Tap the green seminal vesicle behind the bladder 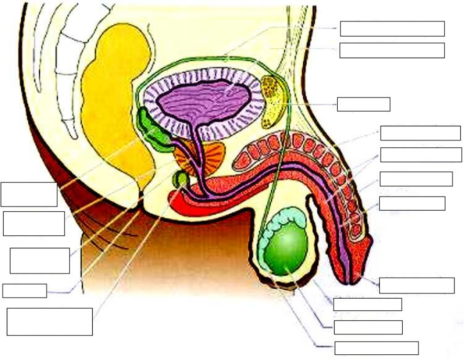154,131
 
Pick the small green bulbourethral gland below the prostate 181,178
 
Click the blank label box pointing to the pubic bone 363,104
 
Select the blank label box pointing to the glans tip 416,286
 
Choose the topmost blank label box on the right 392,28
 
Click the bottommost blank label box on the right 376,348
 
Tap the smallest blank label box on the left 25,290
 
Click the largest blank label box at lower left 50,321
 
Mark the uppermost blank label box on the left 29,194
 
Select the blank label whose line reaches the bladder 392,50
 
